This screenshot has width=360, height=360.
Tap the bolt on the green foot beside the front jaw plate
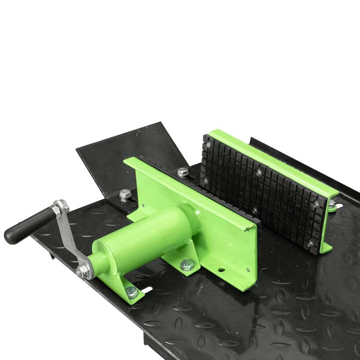pos(185,265)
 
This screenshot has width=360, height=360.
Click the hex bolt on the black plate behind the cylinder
pos(125,195)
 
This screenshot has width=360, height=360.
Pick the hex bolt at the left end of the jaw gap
pos(182,172)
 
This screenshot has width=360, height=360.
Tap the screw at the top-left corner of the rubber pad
pos(208,144)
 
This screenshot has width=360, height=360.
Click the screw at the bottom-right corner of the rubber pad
pos(310,243)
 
